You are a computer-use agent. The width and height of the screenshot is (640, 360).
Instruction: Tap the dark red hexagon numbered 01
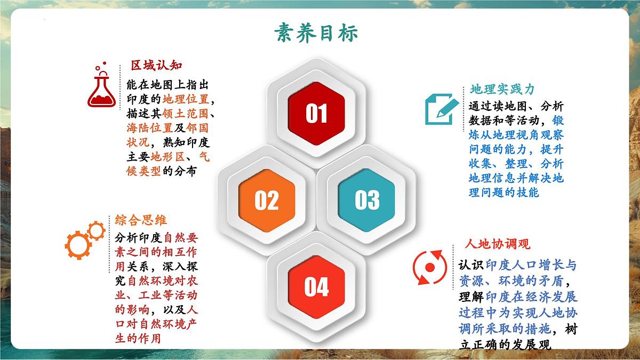316,113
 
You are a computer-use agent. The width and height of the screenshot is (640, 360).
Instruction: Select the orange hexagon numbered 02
266,200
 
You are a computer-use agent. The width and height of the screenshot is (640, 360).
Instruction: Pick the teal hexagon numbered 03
366,200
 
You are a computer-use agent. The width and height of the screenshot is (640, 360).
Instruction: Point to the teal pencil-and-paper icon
441,109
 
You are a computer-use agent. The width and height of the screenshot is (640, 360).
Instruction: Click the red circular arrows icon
429,267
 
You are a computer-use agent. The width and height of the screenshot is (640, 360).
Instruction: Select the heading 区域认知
157,66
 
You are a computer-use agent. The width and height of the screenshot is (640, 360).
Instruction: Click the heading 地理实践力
502,90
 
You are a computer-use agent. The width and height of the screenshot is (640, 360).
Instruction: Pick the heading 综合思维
141,220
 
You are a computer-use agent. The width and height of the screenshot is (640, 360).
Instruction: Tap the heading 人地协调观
498,244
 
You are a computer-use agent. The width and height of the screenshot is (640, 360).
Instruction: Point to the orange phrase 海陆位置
150,128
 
